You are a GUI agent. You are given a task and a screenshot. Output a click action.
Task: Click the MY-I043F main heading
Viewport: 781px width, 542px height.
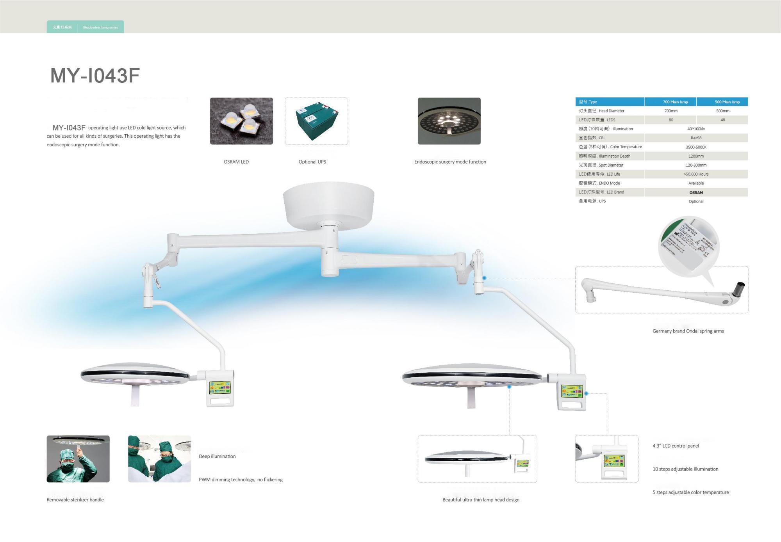(x=95, y=76)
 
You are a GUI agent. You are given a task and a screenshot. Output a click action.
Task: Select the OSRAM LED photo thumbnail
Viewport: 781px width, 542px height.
(x=241, y=121)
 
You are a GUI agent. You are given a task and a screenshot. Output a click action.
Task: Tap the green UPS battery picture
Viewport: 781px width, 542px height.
(x=316, y=121)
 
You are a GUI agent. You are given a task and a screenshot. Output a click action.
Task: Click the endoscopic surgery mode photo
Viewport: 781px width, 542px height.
(x=449, y=121)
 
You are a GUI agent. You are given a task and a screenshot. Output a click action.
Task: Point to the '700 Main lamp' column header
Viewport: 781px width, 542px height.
(x=675, y=102)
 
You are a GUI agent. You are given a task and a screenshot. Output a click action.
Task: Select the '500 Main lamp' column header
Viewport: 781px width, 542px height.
(x=727, y=102)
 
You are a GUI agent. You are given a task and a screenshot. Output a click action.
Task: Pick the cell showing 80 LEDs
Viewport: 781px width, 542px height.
(x=671, y=120)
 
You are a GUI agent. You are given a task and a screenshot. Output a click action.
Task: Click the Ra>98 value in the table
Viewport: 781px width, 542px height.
(x=696, y=138)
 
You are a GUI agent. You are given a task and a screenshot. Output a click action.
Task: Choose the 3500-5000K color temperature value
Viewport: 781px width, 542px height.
(x=696, y=147)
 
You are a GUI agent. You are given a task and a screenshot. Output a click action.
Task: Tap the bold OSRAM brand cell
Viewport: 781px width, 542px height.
(x=696, y=192)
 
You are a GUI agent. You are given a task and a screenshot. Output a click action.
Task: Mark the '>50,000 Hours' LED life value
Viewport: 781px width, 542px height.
(x=696, y=174)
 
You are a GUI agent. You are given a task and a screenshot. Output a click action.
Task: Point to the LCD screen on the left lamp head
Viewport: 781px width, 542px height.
(x=219, y=387)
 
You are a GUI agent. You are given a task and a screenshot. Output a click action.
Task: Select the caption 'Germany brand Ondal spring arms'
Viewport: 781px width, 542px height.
(x=688, y=331)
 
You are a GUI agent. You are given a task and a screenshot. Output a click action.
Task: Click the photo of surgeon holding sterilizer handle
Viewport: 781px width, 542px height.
(x=78, y=459)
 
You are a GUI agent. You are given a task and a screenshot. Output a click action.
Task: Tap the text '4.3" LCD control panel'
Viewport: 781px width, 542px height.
(x=676, y=446)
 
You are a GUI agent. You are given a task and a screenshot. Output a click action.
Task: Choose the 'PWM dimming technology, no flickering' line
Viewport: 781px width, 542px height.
(x=241, y=480)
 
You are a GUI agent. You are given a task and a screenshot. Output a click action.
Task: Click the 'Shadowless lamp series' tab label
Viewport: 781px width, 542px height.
(x=100, y=27)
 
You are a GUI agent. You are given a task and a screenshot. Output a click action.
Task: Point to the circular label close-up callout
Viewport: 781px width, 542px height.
(x=688, y=246)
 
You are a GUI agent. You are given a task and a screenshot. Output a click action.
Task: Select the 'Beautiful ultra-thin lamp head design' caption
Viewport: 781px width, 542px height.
(x=481, y=499)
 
